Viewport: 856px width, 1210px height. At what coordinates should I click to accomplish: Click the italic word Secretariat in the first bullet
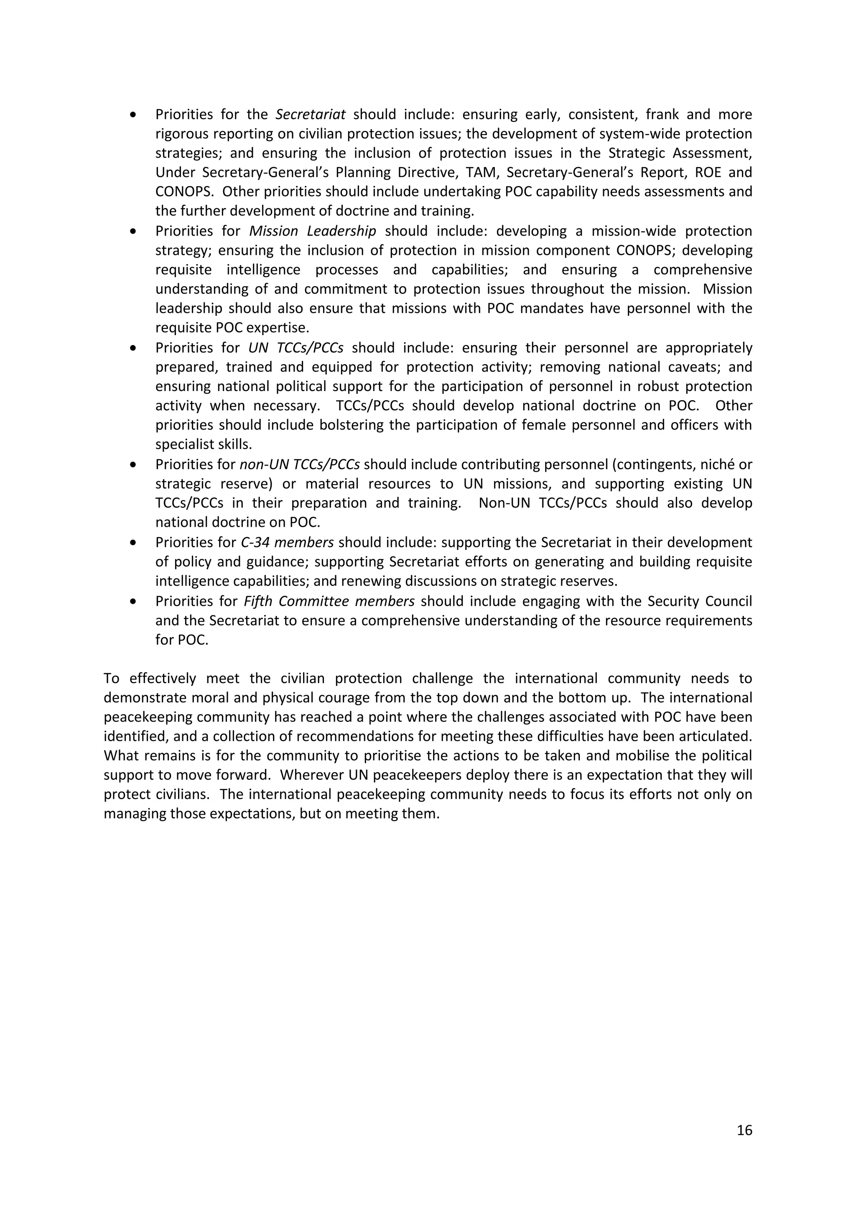click(x=311, y=114)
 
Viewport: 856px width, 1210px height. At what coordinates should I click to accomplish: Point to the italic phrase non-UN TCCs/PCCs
click(x=299, y=465)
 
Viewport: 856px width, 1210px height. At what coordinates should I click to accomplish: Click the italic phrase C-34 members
click(x=287, y=542)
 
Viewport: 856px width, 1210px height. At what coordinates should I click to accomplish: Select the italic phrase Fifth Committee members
click(x=329, y=601)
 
